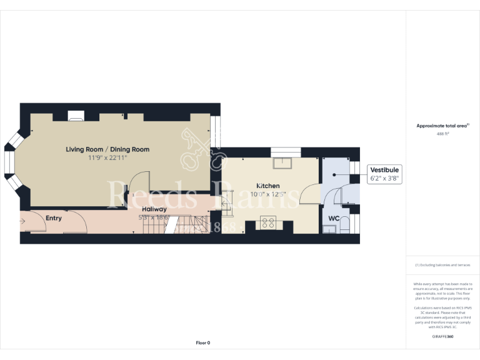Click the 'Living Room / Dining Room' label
pos(108,149)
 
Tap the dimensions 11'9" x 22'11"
pos(108,158)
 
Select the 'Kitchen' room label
pos(267,186)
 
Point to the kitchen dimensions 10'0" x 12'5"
pos(267,194)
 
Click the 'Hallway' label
pos(154,209)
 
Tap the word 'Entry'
pos(54,217)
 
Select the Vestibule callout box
pos(384,174)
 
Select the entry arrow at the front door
pos(24,220)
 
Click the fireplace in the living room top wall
pos(76,116)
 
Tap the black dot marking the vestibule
pos(334,175)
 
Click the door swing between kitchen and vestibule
pos(310,195)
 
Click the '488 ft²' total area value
pos(442,134)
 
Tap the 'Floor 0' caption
pos(203,342)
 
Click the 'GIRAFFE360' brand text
pos(442,337)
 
